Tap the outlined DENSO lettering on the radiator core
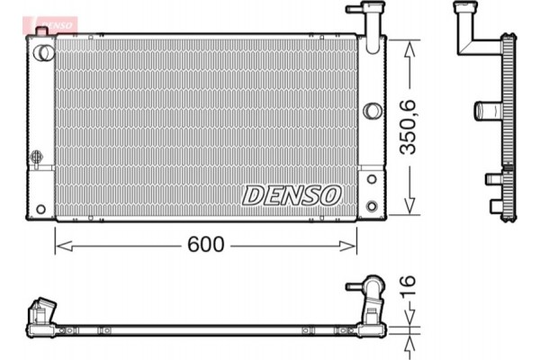[x=291, y=193]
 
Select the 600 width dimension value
[x=206, y=244]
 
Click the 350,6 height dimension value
[x=409, y=125]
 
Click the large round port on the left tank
[x=40, y=52]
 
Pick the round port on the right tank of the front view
[x=372, y=112]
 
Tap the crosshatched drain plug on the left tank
[x=37, y=157]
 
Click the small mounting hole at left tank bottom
[x=40, y=209]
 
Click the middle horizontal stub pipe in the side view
[x=486, y=112]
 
